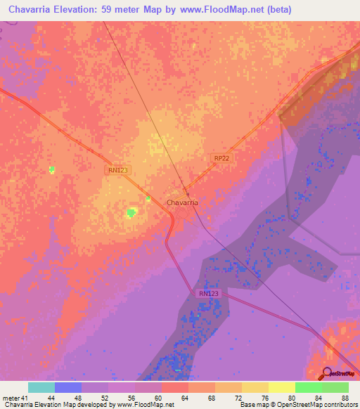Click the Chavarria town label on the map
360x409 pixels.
pos(182,202)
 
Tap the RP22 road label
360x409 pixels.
pos(221,159)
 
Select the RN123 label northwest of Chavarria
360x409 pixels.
pos(118,169)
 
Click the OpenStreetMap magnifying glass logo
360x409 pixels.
pos(327,373)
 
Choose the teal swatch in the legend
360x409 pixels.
pos(41,387)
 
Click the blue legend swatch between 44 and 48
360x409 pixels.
pos(67,387)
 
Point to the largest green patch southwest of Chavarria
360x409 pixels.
pos(131,213)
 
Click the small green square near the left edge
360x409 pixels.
pos(51,169)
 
